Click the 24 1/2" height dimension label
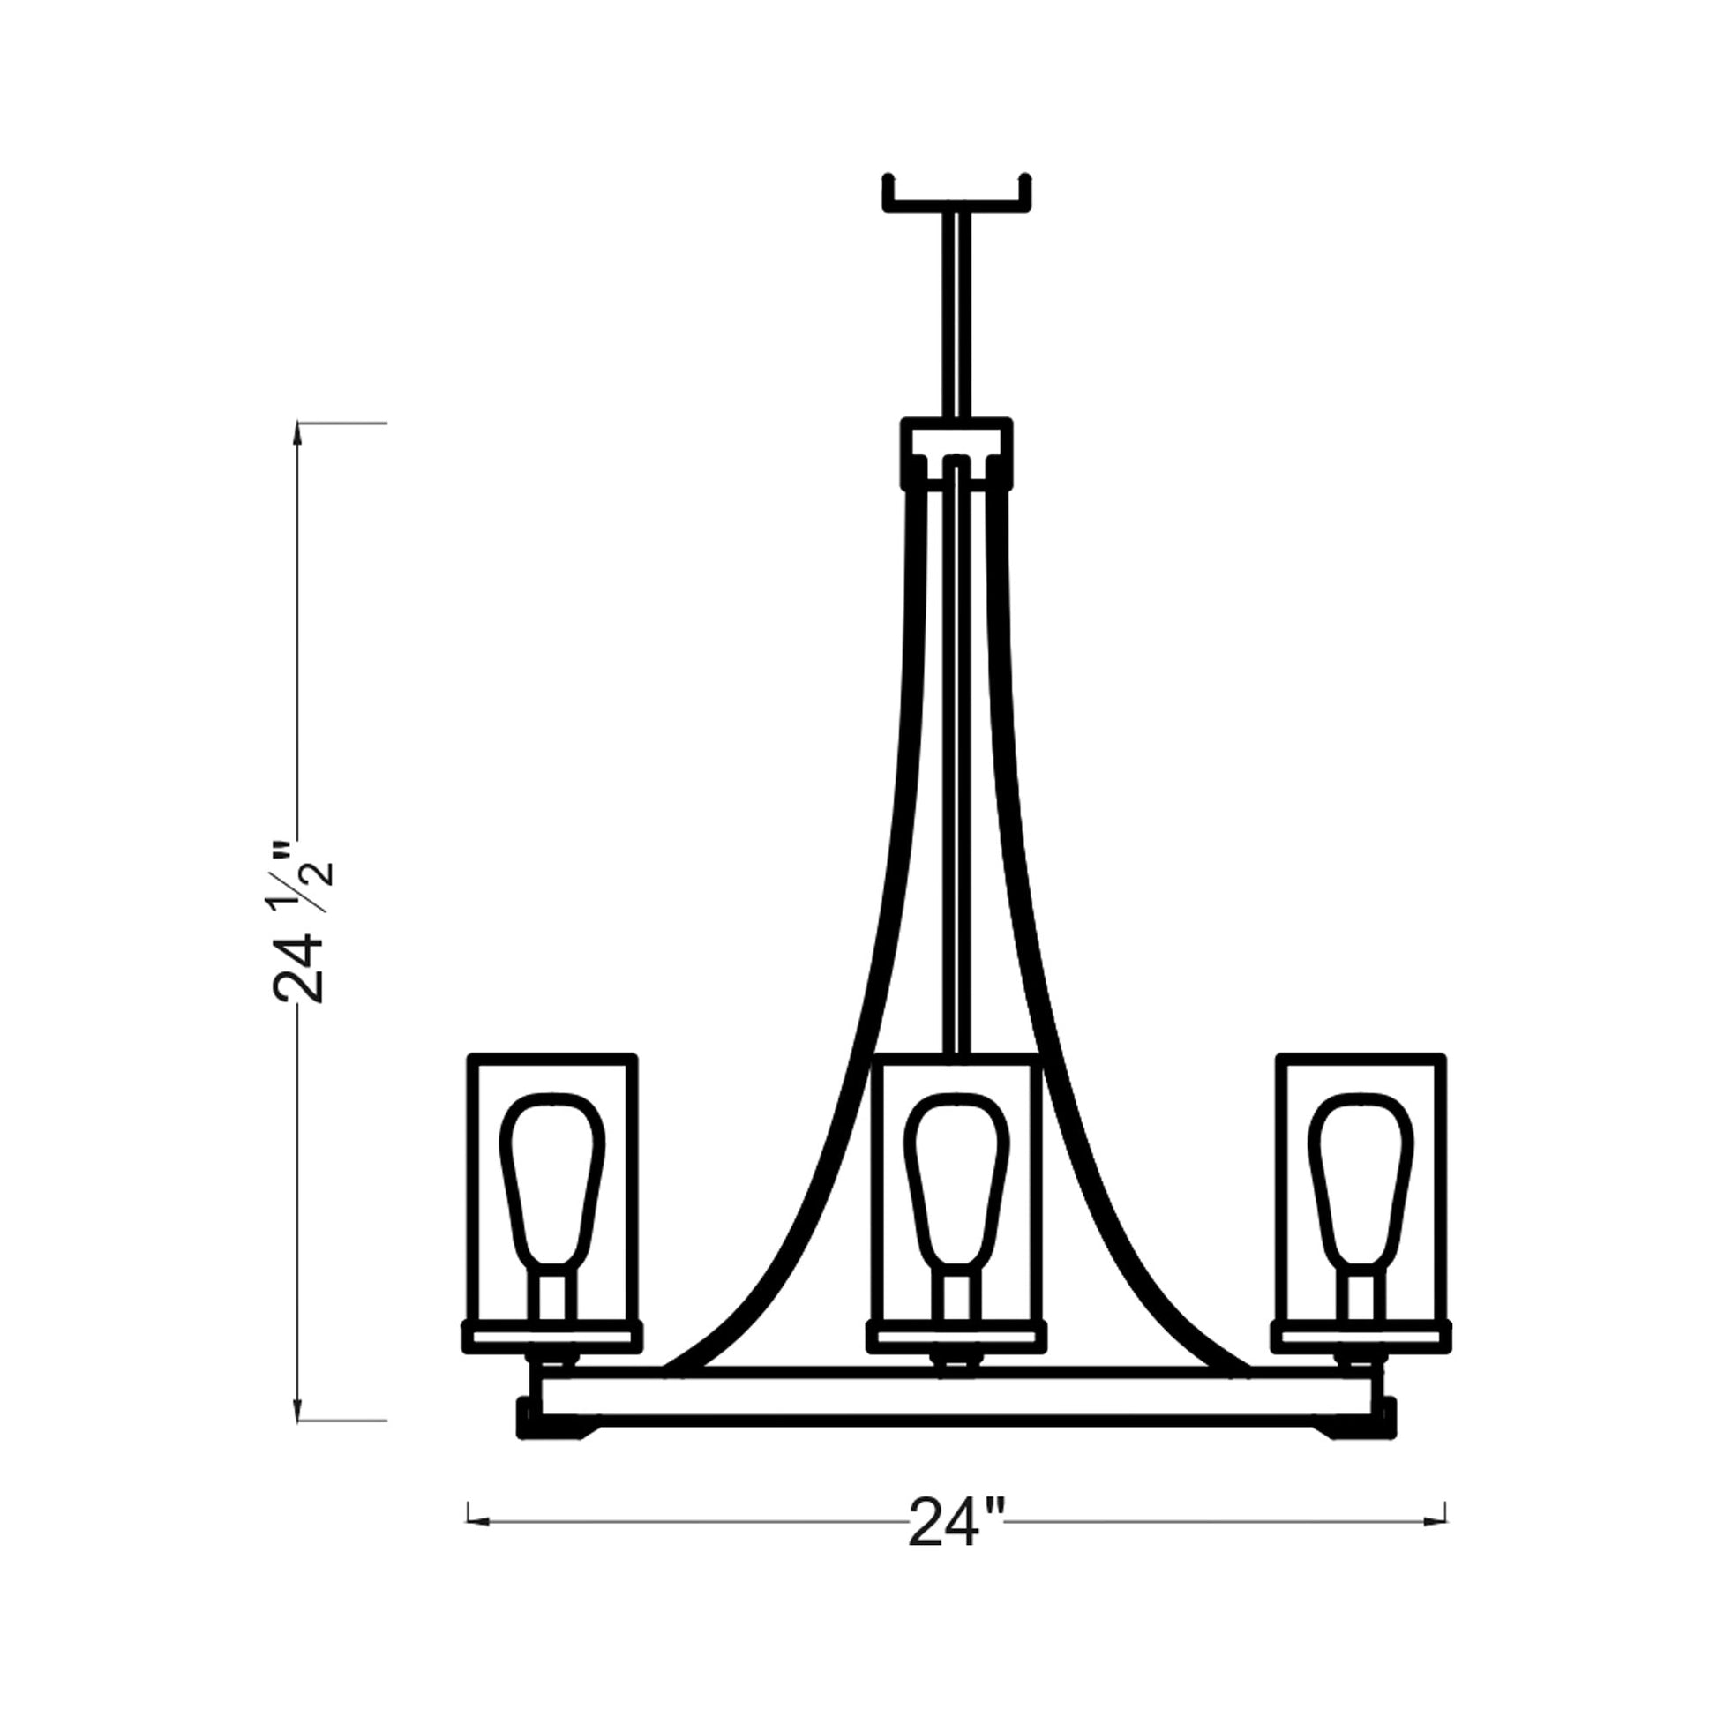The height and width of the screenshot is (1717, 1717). (x=300, y=925)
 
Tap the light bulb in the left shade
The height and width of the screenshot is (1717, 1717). (x=552, y=1182)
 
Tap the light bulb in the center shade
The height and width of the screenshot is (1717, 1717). (x=956, y=1182)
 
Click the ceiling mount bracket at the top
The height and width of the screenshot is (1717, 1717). (x=956, y=201)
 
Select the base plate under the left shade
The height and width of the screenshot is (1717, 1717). (x=552, y=1361)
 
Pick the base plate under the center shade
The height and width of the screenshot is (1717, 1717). (x=956, y=1361)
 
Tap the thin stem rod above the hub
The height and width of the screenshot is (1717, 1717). (x=956, y=311)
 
